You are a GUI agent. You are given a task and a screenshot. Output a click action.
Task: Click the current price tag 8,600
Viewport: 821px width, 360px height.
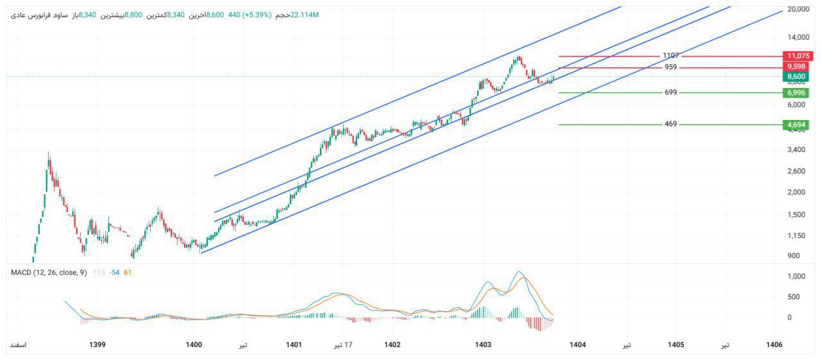pos(796,76)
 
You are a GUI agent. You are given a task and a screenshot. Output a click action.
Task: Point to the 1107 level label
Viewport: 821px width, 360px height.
pos(671,56)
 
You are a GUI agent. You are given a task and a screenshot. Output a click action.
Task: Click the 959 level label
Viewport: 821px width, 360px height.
pos(671,67)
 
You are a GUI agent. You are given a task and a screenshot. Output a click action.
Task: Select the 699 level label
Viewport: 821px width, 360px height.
pos(671,92)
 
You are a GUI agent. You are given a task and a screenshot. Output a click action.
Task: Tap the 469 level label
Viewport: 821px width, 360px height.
pos(671,124)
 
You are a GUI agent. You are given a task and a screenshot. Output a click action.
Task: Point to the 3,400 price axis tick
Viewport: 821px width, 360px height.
pos(795,150)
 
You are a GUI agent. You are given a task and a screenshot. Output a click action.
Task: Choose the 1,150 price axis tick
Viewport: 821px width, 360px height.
pos(795,236)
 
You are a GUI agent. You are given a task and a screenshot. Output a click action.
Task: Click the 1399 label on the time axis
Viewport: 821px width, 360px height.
pos(97,345)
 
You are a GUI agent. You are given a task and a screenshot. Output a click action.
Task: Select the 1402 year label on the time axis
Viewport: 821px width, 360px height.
pos(392,345)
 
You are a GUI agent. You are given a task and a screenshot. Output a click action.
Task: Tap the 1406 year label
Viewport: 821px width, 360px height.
pos(774,345)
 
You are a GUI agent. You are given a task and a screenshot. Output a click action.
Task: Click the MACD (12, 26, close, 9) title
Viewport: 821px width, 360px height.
pos(49,273)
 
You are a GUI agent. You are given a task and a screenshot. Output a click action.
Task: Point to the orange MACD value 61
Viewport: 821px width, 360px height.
pos(127,273)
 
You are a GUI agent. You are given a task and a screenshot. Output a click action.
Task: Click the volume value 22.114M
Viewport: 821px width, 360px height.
pos(304,15)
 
